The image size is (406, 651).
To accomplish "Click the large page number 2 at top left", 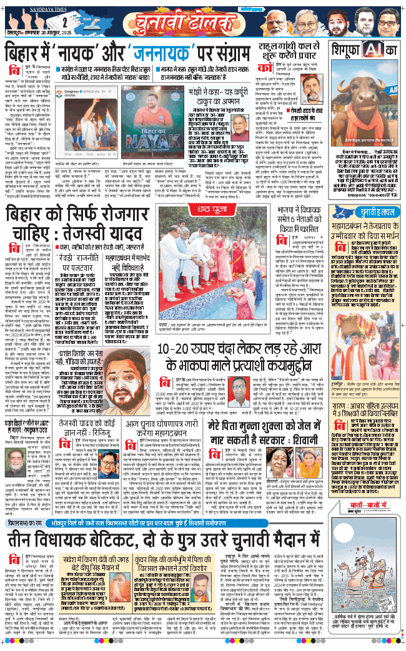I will click(x=12, y=20).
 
